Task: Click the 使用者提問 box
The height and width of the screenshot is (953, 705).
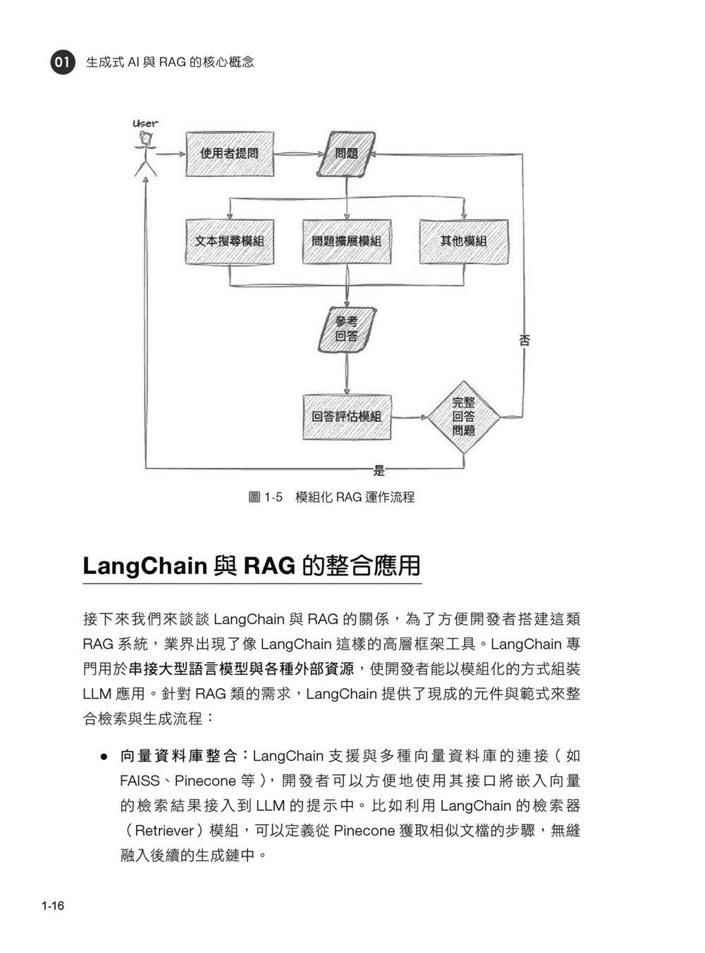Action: point(229,154)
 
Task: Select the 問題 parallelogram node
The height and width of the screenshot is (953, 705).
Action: point(346,154)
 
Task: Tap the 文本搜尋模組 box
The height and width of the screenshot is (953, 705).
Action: point(229,242)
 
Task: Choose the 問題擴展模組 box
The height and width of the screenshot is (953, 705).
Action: point(347,242)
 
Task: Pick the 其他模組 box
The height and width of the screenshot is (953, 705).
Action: point(464,242)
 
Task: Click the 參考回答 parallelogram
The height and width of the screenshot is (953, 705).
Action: point(347,330)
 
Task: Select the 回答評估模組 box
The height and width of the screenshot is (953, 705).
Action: point(347,417)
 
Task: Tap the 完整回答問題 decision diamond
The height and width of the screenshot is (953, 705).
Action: point(464,417)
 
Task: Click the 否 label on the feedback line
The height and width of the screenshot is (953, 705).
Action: point(524,341)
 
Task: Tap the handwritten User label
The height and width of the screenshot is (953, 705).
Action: point(145,124)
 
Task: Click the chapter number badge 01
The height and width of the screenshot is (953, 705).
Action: point(63,62)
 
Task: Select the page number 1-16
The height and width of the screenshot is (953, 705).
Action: point(53,906)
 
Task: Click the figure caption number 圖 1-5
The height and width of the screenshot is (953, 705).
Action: point(265,497)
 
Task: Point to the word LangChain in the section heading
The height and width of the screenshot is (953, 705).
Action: point(145,566)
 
